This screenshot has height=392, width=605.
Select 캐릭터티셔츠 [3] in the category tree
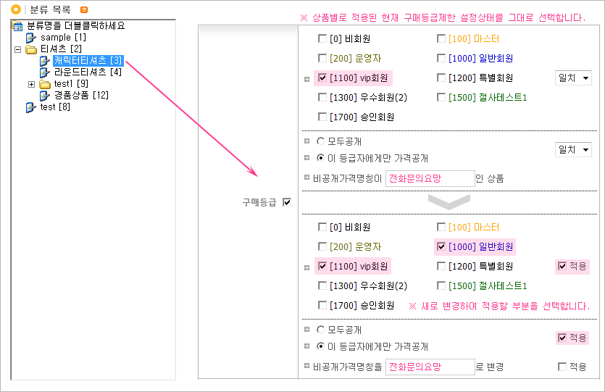[88, 60]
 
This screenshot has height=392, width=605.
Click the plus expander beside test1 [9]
[31, 84]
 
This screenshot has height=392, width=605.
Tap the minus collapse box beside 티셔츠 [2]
[18, 49]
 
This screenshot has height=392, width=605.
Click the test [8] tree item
[55, 107]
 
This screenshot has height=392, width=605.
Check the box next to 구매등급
[287, 203]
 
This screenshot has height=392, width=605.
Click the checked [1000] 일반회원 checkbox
[441, 246]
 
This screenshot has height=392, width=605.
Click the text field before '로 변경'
[430, 367]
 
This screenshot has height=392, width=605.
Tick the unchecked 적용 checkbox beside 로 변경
[562, 367]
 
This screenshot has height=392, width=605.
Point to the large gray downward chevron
[448, 201]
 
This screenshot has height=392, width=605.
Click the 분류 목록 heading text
[50, 9]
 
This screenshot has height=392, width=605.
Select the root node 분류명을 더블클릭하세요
[75, 25]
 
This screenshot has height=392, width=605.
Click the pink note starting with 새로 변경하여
[499, 306]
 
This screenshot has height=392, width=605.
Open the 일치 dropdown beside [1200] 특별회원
[573, 78]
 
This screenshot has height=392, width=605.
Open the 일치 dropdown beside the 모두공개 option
[573, 149]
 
